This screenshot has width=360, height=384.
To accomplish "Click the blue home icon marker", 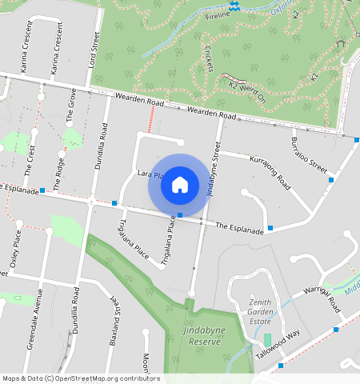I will pos(180,185).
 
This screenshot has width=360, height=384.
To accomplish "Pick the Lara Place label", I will pos(150,174).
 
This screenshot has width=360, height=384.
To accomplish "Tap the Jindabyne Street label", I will pos(212,169).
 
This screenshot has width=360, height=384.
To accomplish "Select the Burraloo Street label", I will pos(310,155).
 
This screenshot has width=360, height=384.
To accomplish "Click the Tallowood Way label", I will pos(278,345).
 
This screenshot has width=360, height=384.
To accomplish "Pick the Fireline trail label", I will pos(217,15).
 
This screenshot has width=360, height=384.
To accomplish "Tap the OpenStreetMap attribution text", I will pos(81,378).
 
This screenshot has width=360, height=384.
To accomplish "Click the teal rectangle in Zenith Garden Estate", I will pos(268,340).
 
